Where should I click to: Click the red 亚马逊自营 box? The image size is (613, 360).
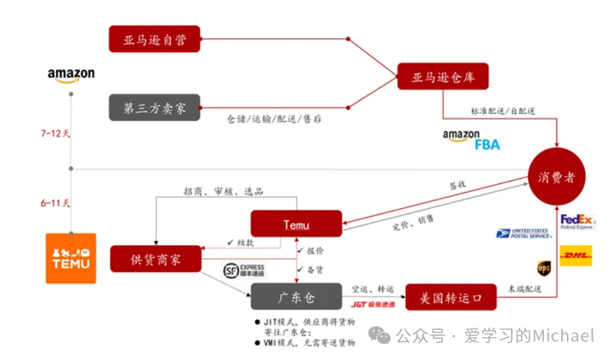(x=154, y=39)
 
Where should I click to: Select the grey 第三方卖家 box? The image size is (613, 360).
(x=154, y=108)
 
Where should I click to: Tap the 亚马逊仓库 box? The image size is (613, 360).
(x=443, y=78)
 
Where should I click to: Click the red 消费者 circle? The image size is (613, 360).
(x=556, y=177)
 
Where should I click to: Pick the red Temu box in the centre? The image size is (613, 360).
(x=296, y=224)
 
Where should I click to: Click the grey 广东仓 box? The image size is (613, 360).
(x=296, y=297)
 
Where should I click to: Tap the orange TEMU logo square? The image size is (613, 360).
(x=70, y=258)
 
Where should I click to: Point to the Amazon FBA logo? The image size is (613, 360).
(x=471, y=140)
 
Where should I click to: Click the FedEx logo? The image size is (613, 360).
(x=577, y=221)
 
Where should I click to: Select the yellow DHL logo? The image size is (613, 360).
(x=576, y=256)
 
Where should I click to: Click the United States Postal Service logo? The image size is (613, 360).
(x=524, y=233)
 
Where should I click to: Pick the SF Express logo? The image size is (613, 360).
(x=244, y=270)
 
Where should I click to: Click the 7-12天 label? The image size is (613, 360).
(x=55, y=133)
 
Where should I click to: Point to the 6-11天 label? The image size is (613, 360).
(x=55, y=203)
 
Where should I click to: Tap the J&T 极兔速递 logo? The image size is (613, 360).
(x=373, y=305)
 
